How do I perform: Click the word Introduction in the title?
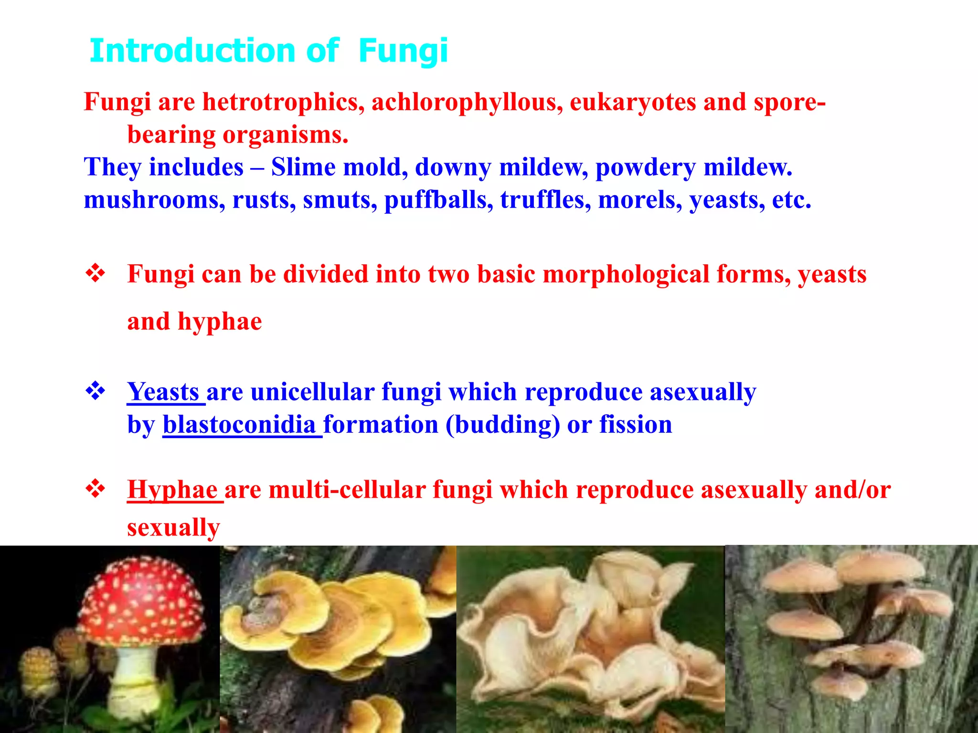(x=192, y=51)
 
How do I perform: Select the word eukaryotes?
(x=633, y=102)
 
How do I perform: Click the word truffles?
(x=542, y=199)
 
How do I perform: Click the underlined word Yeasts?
(x=163, y=392)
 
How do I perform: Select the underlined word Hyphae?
(x=172, y=490)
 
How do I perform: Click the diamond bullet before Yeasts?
(x=96, y=391)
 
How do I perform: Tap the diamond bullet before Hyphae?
(x=96, y=489)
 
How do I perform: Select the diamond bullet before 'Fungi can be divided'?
(x=96, y=273)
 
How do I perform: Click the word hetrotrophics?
(x=284, y=102)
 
